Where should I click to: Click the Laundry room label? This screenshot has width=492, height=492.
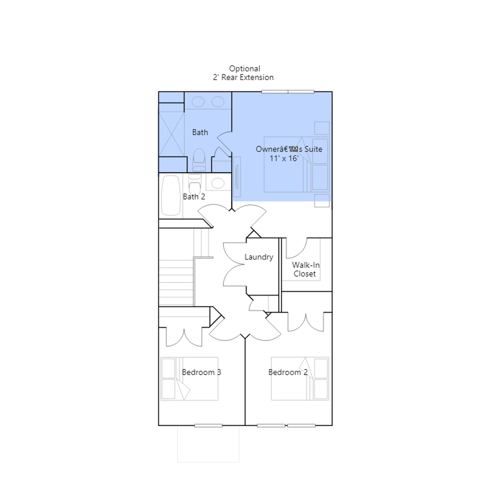(259, 257)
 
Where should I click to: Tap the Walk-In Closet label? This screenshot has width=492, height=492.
(306, 269)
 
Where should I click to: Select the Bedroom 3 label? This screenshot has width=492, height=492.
(201, 372)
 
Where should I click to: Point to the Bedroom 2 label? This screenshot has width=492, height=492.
(288, 372)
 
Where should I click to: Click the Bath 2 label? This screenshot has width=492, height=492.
(194, 197)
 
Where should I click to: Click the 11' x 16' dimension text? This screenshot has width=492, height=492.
(284, 158)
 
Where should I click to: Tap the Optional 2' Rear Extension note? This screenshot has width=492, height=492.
(243, 73)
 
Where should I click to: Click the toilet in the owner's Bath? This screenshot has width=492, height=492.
(199, 160)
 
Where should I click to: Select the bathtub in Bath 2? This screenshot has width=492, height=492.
(171, 195)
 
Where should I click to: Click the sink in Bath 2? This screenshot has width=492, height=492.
(218, 183)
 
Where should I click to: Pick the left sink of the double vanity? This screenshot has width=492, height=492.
(198, 102)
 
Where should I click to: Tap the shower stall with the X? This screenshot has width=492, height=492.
(171, 134)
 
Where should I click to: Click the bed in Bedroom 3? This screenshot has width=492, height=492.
(189, 379)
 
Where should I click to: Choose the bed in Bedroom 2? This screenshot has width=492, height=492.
(300, 379)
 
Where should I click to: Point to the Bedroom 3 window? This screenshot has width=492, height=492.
(208, 426)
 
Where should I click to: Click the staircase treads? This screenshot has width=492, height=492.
(176, 283)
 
